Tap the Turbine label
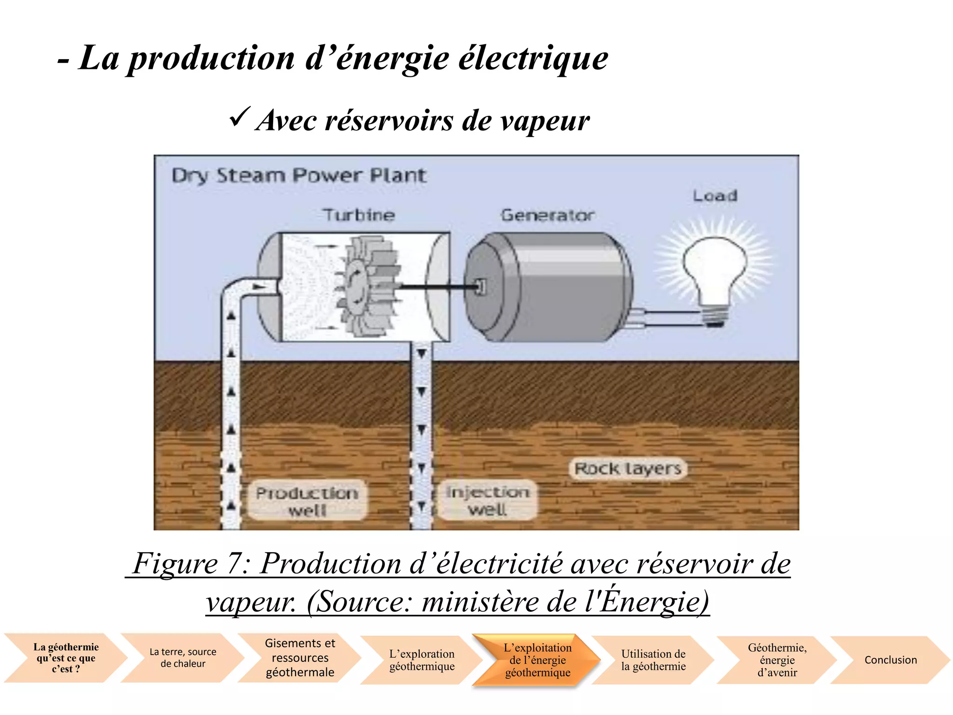click(x=359, y=215)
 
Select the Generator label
click(x=548, y=215)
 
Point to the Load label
click(x=715, y=196)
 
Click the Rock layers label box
click(x=628, y=468)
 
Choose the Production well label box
click(x=307, y=500)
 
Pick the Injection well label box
click(x=487, y=500)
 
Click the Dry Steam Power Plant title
click(x=298, y=175)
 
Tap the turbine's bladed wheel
click(x=368, y=286)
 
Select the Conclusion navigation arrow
click(x=890, y=660)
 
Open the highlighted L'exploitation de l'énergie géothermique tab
click(x=537, y=660)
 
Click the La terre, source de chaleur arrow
click(x=182, y=657)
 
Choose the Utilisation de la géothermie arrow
click(x=653, y=660)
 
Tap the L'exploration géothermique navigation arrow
click(x=422, y=660)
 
